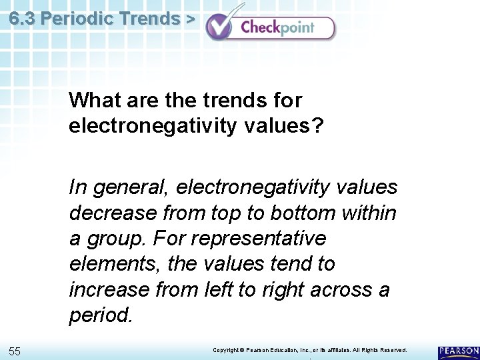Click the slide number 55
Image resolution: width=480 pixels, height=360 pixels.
pyautogui.click(x=15, y=351)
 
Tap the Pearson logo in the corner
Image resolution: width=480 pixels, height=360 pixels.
pyautogui.click(x=459, y=352)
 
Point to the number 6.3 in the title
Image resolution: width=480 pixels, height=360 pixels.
pyautogui.click(x=22, y=19)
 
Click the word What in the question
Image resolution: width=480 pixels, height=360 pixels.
pyautogui.click(x=92, y=101)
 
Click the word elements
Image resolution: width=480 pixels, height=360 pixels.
pyautogui.click(x=113, y=264)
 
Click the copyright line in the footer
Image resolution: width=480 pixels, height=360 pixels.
pyautogui.click(x=309, y=350)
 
